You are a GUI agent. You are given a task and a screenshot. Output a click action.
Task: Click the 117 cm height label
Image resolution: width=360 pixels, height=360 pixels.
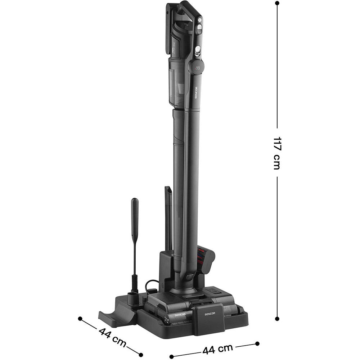pos(277,153)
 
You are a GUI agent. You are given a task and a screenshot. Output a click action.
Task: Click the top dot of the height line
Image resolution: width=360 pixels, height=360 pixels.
pos(277,3)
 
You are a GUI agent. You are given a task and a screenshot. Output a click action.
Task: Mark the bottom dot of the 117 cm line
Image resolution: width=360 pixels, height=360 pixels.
pos(277,319)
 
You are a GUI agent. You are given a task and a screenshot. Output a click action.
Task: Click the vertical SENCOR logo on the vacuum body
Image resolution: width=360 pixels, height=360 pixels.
pos(197,95)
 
